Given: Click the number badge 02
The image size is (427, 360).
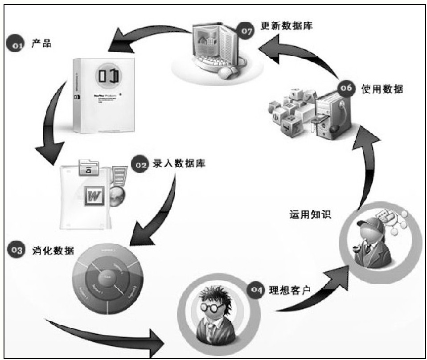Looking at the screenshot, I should coord(140,166).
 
